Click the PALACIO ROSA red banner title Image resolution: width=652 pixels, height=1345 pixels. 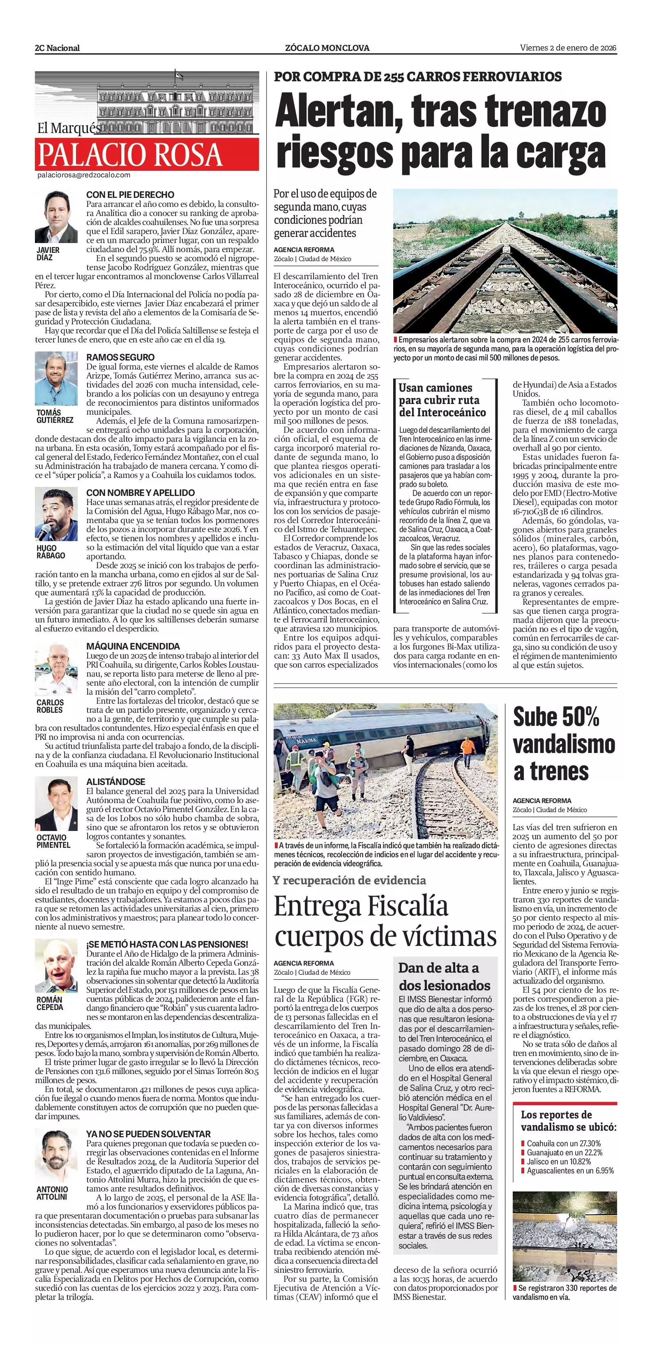click(129, 154)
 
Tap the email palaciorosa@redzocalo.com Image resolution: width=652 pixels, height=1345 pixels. click(83, 175)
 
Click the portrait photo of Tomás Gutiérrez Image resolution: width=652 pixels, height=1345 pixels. click(56, 379)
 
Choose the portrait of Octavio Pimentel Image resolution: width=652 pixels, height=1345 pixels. click(56, 805)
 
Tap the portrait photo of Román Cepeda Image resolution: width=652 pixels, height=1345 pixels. click(56, 966)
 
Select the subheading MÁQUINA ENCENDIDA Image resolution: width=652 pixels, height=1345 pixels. click(133, 646)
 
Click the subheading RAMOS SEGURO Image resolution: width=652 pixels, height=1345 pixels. click(120, 358)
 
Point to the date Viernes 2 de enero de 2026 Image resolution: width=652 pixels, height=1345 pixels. click(568, 48)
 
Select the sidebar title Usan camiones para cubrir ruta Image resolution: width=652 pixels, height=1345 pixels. click(442, 400)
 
